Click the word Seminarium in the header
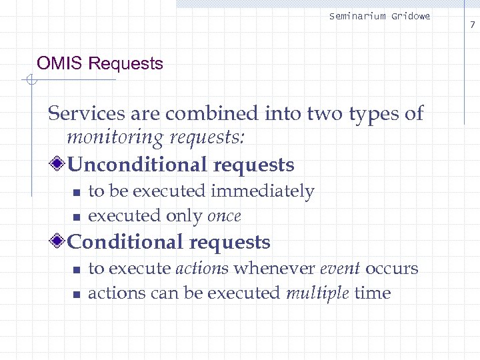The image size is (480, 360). [357, 16]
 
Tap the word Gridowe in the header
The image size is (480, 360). [410, 16]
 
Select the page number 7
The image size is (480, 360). [472, 25]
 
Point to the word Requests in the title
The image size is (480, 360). [126, 64]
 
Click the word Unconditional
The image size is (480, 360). [134, 165]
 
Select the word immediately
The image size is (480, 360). [262, 192]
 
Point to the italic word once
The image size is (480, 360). [224, 216]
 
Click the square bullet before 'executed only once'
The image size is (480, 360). [76, 217]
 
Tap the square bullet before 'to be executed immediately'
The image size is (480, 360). [76, 193]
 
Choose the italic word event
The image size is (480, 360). [340, 269]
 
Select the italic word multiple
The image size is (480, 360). [317, 293]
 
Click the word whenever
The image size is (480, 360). [274, 269]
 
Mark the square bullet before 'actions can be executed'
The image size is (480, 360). [76, 294]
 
